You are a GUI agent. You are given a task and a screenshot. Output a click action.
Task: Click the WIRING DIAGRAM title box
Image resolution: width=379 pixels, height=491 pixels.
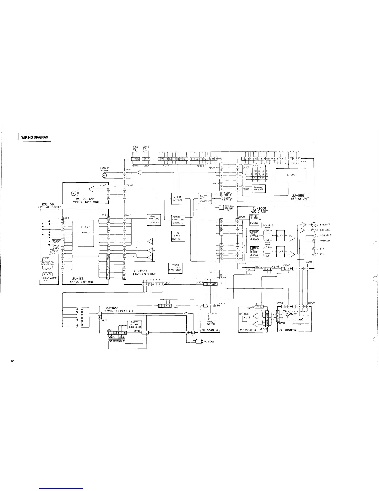(x=35, y=137)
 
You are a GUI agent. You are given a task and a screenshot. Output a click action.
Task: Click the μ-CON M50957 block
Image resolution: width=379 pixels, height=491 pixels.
(x=178, y=198)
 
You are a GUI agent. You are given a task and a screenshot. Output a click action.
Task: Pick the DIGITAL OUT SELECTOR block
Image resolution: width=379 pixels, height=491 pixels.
(x=205, y=198)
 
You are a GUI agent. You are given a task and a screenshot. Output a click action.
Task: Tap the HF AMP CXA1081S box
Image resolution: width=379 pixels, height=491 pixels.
(x=85, y=229)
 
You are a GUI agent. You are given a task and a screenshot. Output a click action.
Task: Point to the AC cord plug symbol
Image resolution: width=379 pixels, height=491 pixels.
(x=198, y=342)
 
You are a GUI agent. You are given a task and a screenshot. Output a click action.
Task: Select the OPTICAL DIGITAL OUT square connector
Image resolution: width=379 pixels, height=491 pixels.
(x=221, y=207)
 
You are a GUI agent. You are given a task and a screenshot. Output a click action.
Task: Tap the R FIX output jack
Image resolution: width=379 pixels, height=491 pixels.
(x=314, y=254)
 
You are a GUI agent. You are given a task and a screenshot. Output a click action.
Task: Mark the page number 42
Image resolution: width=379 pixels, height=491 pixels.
(x=12, y=361)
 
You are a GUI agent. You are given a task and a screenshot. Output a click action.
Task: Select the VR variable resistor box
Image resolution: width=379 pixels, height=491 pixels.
(x=300, y=320)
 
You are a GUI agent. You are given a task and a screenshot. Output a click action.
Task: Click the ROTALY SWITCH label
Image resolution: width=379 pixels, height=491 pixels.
(x=211, y=323)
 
